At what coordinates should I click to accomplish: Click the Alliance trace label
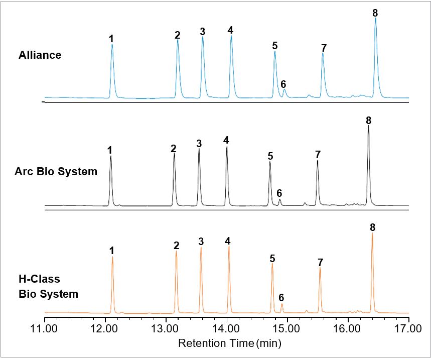tap(40, 55)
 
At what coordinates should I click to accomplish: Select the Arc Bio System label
tap(56, 172)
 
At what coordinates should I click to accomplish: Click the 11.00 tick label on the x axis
tap(45, 329)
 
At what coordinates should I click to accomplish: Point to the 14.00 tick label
tap(227, 329)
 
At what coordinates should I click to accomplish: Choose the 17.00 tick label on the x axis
tap(408, 329)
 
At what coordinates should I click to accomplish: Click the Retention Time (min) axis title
tap(230, 344)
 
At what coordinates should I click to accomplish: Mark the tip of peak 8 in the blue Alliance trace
tap(375, 19)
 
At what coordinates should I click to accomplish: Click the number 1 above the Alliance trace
tap(111, 38)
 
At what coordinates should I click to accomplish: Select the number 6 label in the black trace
tap(279, 193)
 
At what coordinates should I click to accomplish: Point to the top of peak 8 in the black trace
tap(368, 126)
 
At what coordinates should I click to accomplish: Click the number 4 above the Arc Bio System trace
tap(226, 140)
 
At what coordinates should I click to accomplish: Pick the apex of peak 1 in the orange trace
tap(112, 257)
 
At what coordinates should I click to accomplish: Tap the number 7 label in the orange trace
tap(320, 262)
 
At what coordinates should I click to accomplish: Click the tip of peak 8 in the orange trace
tap(372, 233)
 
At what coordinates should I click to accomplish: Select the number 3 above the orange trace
tap(201, 242)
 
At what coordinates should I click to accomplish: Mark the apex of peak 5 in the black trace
tap(270, 162)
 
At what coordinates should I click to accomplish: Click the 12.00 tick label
tap(105, 329)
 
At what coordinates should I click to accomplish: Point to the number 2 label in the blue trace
tap(178, 35)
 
